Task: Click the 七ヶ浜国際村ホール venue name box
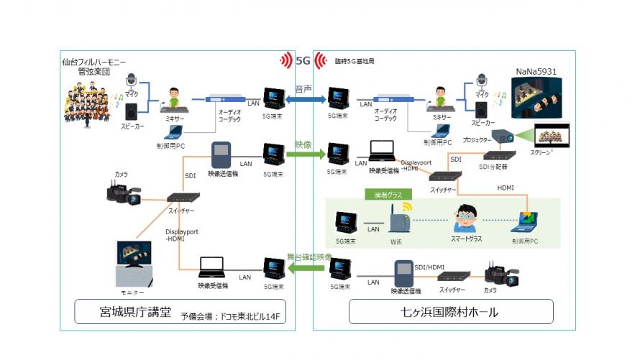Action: [451, 312]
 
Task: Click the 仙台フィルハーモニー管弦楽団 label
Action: [91, 67]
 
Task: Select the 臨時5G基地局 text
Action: [355, 63]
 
